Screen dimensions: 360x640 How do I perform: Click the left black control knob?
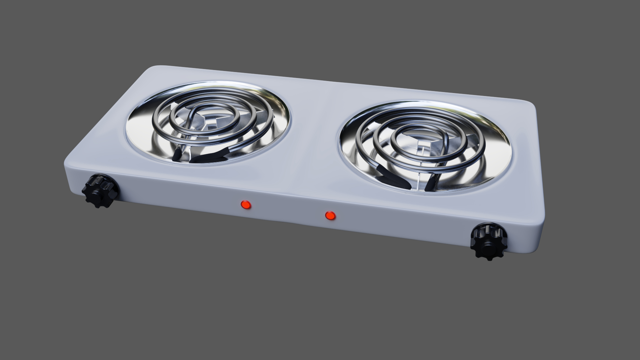click(x=100, y=191)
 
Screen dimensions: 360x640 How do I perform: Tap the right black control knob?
click(x=489, y=242)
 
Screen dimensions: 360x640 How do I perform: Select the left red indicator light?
click(x=246, y=205)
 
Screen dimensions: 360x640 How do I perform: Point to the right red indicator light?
click(x=330, y=216)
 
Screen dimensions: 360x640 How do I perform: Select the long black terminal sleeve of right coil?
click(x=392, y=177)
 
